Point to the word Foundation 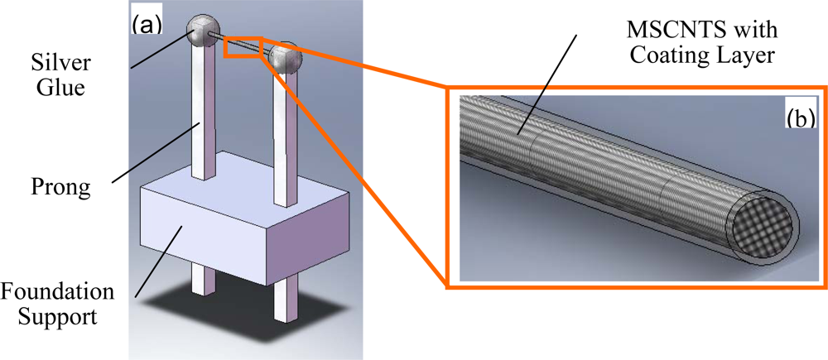[x=58, y=294]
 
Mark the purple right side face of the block [x=308, y=240]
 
